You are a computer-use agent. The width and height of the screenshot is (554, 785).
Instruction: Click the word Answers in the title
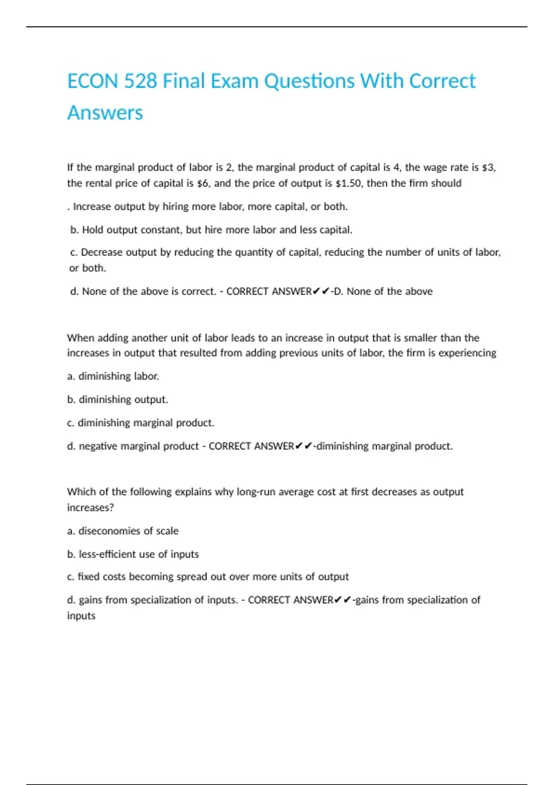click(105, 113)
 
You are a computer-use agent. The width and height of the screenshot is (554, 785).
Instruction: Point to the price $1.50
click(349, 183)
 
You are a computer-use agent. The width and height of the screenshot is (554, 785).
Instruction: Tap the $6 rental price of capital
click(203, 183)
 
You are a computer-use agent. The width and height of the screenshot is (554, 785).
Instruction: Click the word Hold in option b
click(93, 230)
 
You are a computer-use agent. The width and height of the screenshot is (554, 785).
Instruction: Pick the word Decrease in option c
click(102, 253)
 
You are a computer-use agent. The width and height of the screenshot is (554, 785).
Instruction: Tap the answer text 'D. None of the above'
click(383, 291)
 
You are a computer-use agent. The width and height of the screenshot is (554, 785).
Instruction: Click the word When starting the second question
click(80, 338)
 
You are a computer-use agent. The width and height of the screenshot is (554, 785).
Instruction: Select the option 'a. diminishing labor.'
click(113, 376)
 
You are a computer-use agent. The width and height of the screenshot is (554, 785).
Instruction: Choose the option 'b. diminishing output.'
click(118, 399)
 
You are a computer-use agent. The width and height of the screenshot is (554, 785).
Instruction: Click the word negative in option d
click(97, 446)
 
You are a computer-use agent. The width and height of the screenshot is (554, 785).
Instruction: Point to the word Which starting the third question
click(80, 492)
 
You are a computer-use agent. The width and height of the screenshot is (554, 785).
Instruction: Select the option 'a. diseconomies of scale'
click(123, 531)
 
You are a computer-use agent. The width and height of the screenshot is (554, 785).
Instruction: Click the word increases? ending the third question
click(90, 507)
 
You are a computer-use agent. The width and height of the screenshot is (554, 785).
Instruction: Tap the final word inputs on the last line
click(81, 616)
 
